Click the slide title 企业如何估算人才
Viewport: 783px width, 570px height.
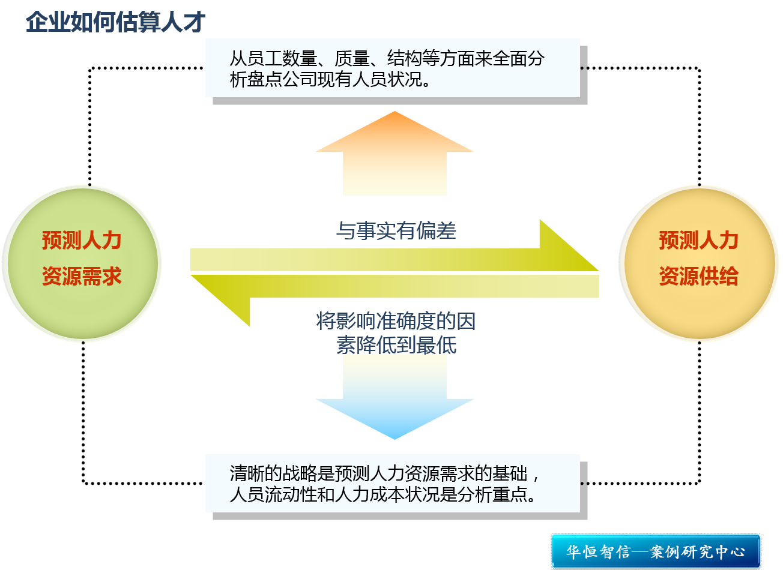click(115, 23)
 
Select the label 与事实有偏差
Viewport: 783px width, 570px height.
click(396, 231)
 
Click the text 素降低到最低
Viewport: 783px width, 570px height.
click(396, 345)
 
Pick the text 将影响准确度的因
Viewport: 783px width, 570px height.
click(396, 322)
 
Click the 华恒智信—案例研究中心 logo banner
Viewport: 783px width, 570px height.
click(656, 551)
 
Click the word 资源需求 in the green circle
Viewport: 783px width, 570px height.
click(82, 277)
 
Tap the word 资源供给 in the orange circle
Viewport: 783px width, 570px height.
click(699, 277)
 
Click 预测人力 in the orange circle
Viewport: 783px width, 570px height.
click(699, 241)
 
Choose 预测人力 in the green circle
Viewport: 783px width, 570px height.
click(82, 241)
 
